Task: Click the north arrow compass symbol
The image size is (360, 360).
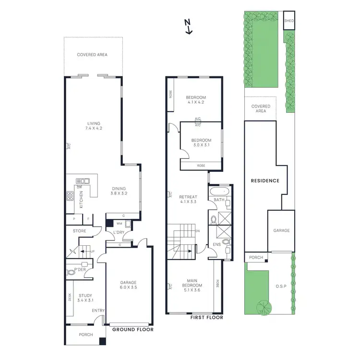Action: [x=189, y=26]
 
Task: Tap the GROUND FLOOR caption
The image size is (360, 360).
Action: [x=132, y=330]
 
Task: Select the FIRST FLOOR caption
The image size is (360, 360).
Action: [x=206, y=317]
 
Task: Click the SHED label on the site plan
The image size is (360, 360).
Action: [x=289, y=21]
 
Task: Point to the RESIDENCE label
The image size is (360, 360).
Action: [x=265, y=181]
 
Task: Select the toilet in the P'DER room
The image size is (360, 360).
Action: [x=72, y=272]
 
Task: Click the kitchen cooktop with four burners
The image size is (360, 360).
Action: [x=69, y=195]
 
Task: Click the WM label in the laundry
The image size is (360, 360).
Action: [x=119, y=224]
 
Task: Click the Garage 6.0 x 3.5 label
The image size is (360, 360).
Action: [x=129, y=285]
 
